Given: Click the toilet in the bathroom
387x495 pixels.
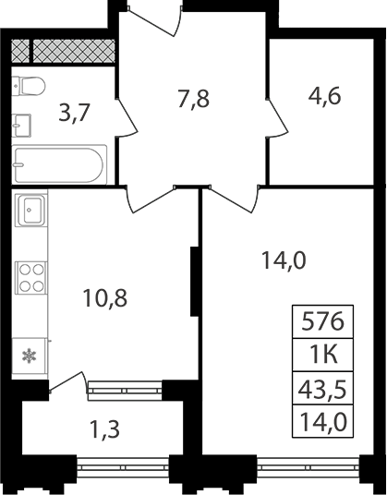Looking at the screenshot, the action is (x=29, y=86).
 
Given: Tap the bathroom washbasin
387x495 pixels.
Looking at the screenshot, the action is (x=21, y=126).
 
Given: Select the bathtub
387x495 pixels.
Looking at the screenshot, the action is (x=59, y=164).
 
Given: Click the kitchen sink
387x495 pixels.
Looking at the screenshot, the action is (x=30, y=211).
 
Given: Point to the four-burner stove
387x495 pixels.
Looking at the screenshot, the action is (x=31, y=278).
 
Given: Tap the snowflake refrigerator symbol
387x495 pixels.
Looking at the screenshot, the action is (x=29, y=356).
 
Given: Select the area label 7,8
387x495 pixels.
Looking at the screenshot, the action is (x=194, y=99).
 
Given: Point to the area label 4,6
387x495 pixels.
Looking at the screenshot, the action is (x=324, y=96).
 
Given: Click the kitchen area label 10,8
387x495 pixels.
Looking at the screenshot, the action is (x=104, y=298).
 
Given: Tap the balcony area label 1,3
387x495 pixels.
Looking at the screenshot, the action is (x=104, y=430).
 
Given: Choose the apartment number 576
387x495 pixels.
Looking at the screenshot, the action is (x=322, y=321).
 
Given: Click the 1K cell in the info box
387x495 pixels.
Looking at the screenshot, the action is (x=323, y=355).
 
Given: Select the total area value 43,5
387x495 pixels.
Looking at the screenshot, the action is (x=322, y=389).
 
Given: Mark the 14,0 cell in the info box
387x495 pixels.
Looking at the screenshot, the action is (x=322, y=422).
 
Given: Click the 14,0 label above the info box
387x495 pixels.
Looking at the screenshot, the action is (x=284, y=261).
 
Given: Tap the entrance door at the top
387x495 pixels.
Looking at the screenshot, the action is (x=154, y=19).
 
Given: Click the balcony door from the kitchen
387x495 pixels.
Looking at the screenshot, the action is (x=67, y=381).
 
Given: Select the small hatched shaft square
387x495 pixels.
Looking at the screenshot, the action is (x=20, y=51).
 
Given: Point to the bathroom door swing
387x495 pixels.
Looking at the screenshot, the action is (x=127, y=118).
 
